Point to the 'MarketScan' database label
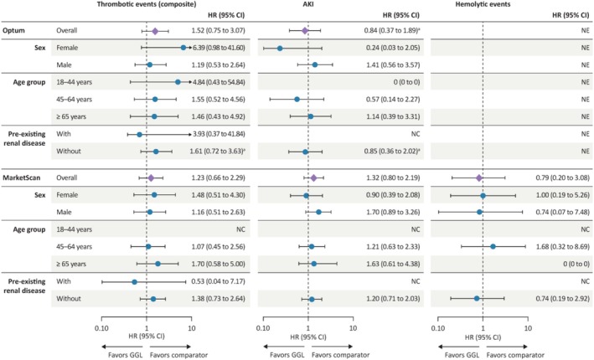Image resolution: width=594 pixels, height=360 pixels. coord(23,177)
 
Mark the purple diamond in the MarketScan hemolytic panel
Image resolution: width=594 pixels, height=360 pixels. coord(478,177)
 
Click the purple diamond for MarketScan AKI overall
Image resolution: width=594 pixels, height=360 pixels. coord(313,177)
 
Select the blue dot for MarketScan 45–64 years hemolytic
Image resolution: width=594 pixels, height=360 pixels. coord(493,246)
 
